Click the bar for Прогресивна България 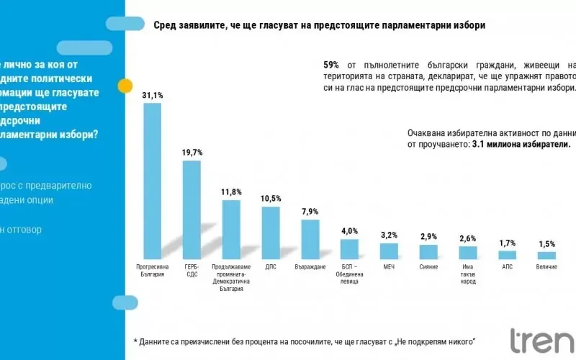click(x=153, y=181)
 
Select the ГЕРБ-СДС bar click(x=192, y=210)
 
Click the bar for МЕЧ click(x=389, y=251)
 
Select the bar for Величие click(x=546, y=255)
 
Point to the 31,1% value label click(x=153, y=95)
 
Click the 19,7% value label click(x=192, y=153)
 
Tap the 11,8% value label click(x=231, y=192)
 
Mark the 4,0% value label click(x=349, y=231)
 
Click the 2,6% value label click(x=467, y=238)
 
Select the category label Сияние click(x=428, y=266)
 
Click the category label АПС click(x=507, y=266)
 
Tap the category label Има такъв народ click(x=467, y=274)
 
